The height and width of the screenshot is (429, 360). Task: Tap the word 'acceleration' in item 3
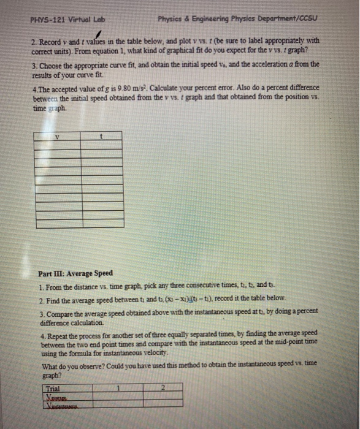click(281, 64)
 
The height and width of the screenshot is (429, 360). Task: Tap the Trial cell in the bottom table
click(54, 387)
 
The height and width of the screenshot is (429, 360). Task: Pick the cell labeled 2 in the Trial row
click(163, 387)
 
